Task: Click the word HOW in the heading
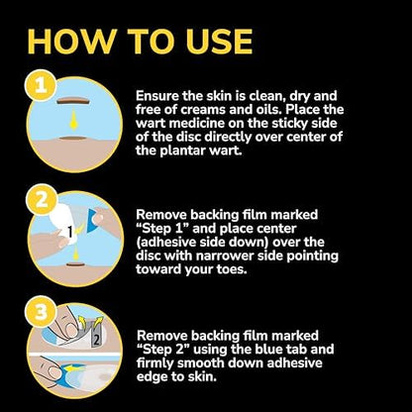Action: click(x=72, y=42)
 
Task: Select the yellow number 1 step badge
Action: click(x=41, y=85)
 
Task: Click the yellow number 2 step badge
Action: click(x=42, y=200)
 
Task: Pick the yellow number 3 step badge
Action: click(x=41, y=311)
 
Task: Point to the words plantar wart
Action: click(x=201, y=151)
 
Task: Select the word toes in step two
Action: click(x=233, y=269)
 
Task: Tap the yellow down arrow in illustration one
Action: click(x=73, y=120)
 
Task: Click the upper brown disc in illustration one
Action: click(x=73, y=101)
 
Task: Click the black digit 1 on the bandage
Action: click(x=70, y=233)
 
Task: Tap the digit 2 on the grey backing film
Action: click(x=96, y=340)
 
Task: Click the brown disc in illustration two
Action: click(x=76, y=264)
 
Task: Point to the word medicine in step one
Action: click(x=196, y=124)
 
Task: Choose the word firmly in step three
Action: click(x=155, y=363)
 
